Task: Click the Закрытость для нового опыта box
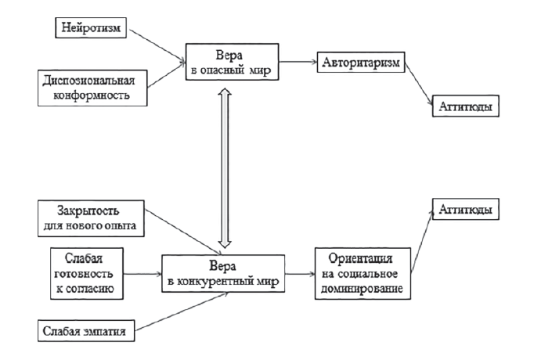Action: pyautogui.click(x=90, y=217)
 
